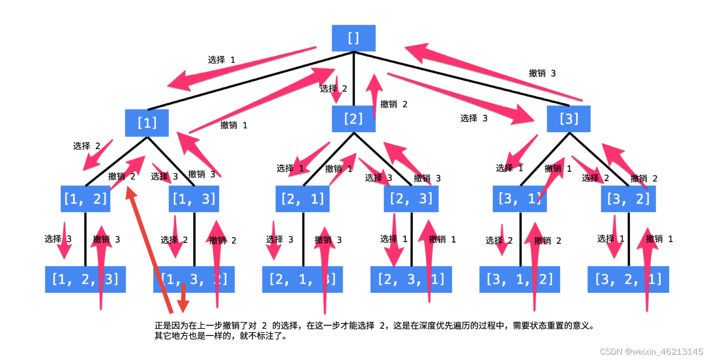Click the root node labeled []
(x=353, y=38)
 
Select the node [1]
(x=147, y=123)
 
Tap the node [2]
(x=353, y=119)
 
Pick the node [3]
(x=568, y=119)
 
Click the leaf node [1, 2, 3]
(x=85, y=279)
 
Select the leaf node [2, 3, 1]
(x=411, y=279)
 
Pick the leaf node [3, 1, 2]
(x=519, y=279)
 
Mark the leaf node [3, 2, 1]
(x=628, y=279)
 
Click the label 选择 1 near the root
(x=221, y=60)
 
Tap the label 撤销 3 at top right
(x=542, y=73)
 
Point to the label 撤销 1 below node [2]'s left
(x=338, y=169)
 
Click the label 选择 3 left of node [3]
(x=474, y=118)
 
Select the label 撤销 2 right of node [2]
(x=394, y=104)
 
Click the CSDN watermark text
(x=651, y=352)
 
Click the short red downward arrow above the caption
(x=183, y=299)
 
